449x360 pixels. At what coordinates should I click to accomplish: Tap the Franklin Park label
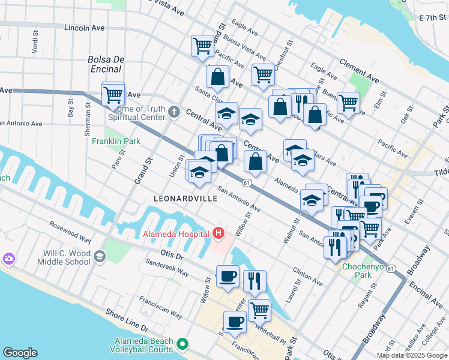(x=116, y=142)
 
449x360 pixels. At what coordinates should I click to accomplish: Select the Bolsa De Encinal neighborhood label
(x=106, y=64)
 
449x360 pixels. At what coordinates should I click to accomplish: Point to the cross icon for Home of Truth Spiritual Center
(x=173, y=111)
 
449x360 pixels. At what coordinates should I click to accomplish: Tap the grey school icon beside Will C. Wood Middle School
(x=98, y=257)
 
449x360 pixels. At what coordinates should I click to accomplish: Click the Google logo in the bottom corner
(x=20, y=352)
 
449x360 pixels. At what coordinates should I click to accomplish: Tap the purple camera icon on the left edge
(x=9, y=259)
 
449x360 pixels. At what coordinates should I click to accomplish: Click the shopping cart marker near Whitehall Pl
(x=259, y=310)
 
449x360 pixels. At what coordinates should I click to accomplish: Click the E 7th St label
(x=433, y=19)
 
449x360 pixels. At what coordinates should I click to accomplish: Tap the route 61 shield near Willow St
(x=247, y=182)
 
